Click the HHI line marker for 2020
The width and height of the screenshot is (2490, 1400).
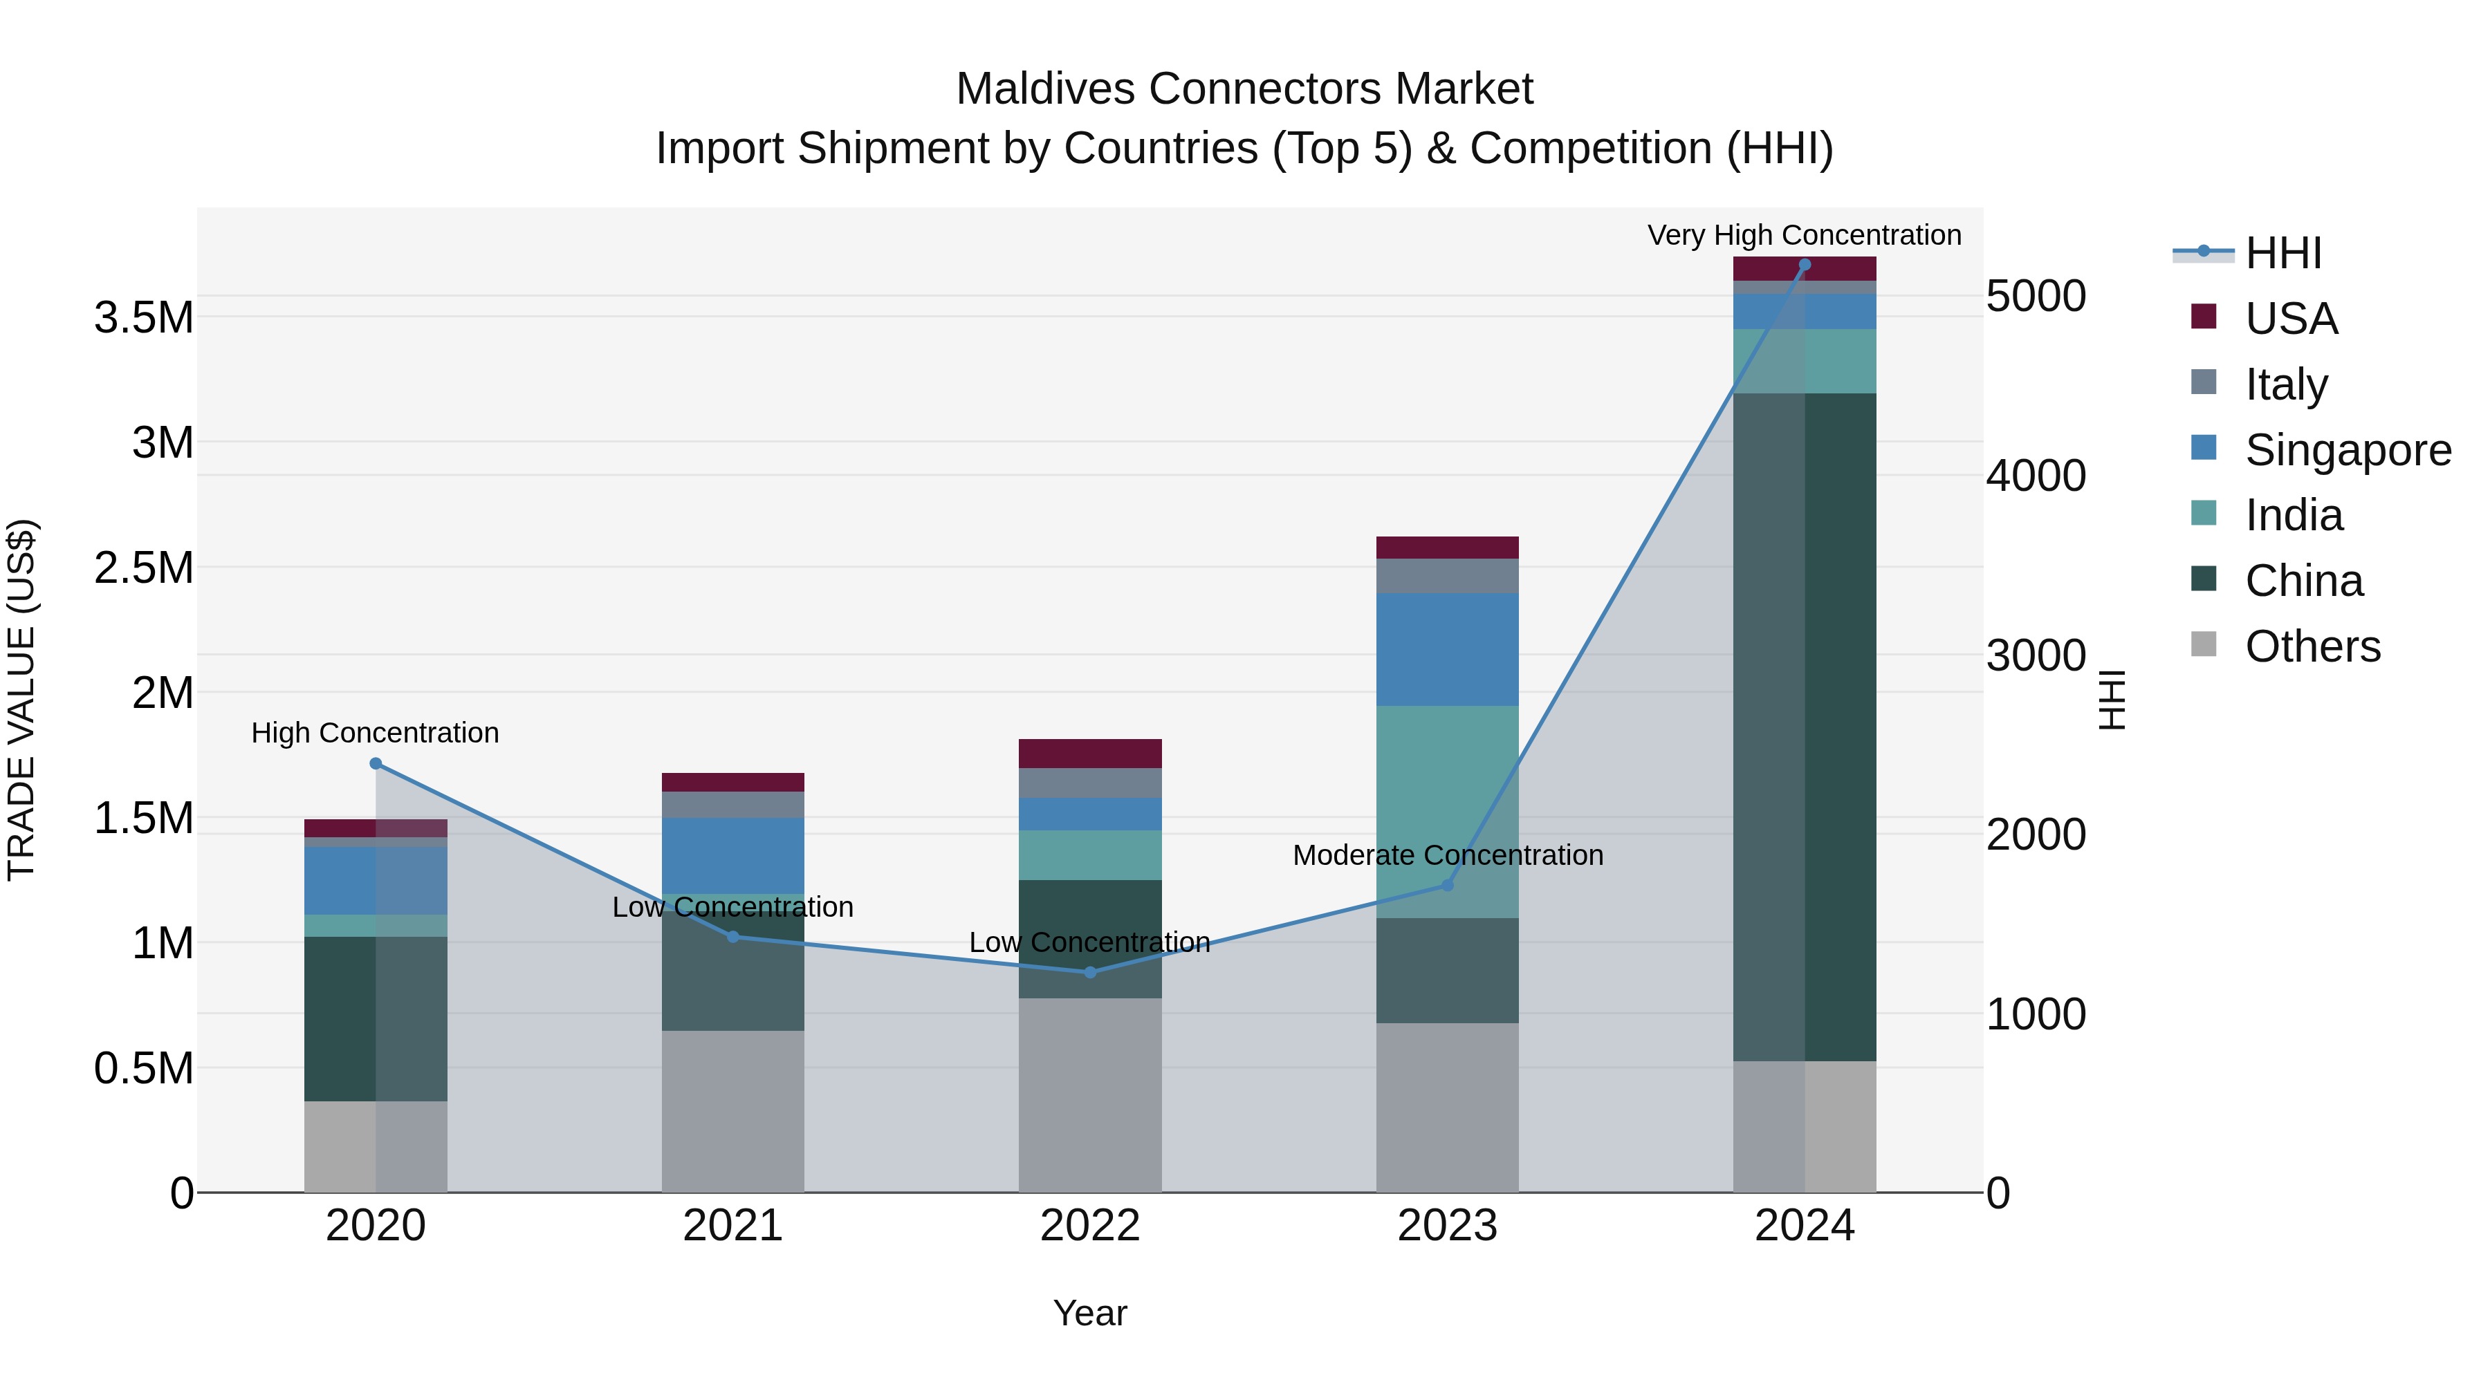coord(376,763)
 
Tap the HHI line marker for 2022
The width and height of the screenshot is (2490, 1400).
coord(1090,972)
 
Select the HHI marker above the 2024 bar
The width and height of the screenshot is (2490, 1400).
coord(1805,265)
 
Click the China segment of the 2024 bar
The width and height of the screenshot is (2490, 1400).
coord(1805,725)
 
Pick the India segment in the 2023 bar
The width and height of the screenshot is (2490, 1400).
coord(1447,812)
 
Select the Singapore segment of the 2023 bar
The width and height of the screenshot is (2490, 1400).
coord(1447,649)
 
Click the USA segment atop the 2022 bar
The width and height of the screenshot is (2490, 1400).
coord(1090,753)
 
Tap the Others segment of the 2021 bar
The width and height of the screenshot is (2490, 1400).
coord(732,1111)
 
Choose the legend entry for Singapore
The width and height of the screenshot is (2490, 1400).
coord(2347,450)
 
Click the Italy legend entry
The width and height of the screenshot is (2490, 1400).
coord(2285,384)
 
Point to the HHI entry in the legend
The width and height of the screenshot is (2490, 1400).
coord(2282,253)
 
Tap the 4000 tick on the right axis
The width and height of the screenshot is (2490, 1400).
coord(2035,476)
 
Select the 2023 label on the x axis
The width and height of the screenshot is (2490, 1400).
coord(1447,1226)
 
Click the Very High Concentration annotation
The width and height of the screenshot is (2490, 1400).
coord(1804,235)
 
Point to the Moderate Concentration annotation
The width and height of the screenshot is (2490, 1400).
coord(1447,855)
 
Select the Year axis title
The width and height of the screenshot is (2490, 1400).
coord(1089,1313)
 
